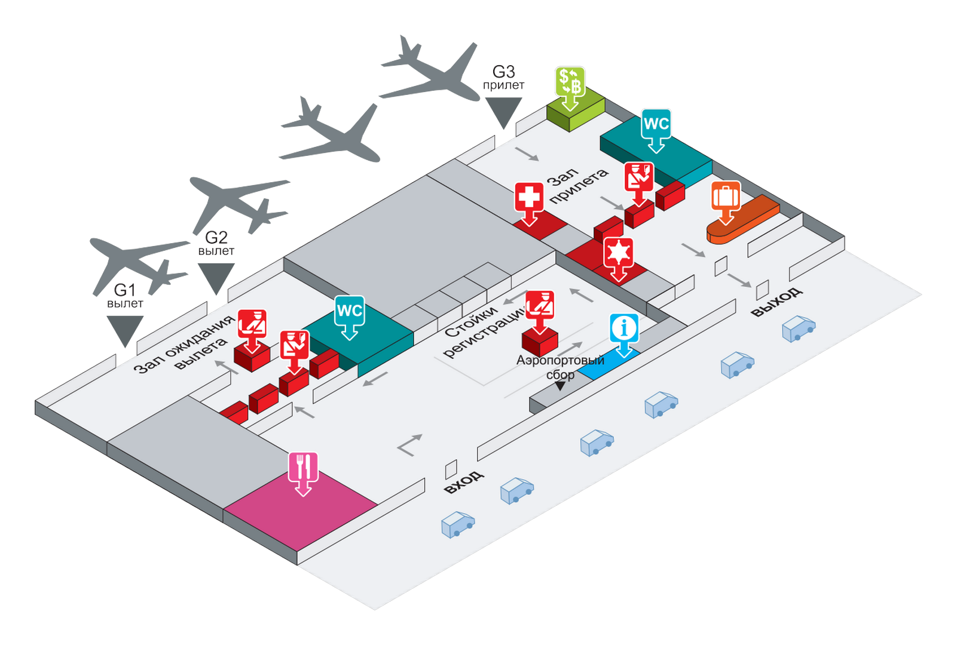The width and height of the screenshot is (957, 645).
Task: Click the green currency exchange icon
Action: [x=570, y=82]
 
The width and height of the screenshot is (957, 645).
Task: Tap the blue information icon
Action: [x=624, y=328]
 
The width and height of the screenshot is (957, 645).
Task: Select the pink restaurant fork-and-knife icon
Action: [x=303, y=467]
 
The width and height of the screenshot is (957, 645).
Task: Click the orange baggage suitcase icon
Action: [x=726, y=196]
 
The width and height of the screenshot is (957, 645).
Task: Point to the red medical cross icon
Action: [x=529, y=197]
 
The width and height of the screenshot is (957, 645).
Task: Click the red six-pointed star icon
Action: [x=618, y=253]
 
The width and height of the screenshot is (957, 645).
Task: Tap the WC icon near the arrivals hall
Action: [x=656, y=124]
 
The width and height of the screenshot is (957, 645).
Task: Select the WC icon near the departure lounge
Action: [x=350, y=311]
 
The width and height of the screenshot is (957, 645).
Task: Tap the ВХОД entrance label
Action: [x=464, y=482]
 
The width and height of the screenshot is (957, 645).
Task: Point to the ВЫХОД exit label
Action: [x=776, y=302]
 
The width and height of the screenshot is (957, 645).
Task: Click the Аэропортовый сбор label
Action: [x=560, y=367]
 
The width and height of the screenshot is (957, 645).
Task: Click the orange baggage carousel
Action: [x=743, y=219]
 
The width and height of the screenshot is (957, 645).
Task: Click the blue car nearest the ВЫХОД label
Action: [x=799, y=328]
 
